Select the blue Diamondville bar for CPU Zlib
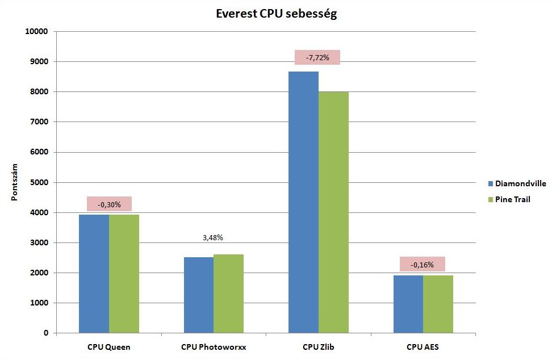(x=303, y=202)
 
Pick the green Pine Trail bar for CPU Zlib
(x=333, y=212)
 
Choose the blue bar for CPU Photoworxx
(x=199, y=295)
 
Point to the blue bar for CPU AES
(x=408, y=304)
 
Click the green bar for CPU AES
(x=438, y=304)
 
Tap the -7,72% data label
(x=317, y=57)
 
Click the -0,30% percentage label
(x=109, y=204)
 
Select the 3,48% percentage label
(x=214, y=238)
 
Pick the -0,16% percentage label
(x=422, y=264)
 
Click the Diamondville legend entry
(x=517, y=183)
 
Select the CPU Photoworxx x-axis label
(x=214, y=347)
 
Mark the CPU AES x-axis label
(x=423, y=347)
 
